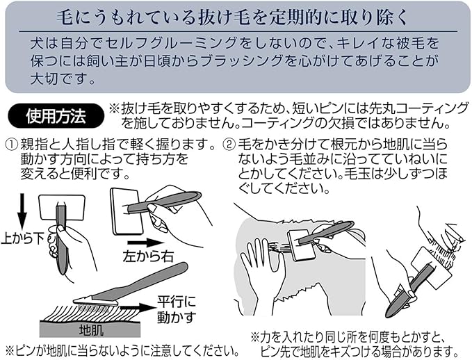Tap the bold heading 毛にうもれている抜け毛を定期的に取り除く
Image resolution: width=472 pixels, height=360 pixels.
coord(236,15)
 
